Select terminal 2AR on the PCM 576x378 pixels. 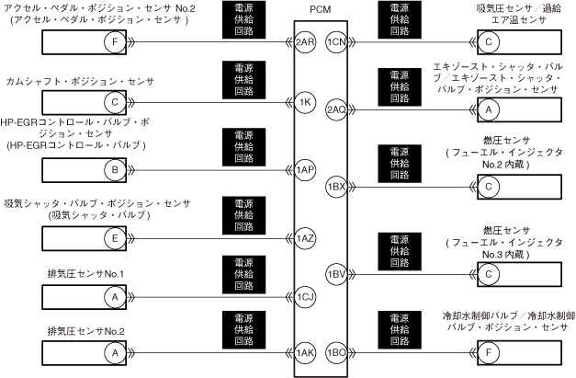coord(306,42)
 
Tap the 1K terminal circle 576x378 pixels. coord(306,102)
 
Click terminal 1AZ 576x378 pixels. coord(306,239)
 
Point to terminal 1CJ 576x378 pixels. coord(306,297)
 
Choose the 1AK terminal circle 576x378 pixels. coord(306,352)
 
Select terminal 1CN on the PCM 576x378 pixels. coord(335,42)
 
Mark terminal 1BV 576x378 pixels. coord(335,273)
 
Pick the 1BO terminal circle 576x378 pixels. coord(335,352)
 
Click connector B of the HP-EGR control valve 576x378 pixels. coord(114,170)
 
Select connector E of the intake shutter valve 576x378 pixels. coord(114,239)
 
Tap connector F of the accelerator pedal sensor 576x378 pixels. coord(114,42)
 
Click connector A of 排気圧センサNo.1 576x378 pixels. coord(114,297)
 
